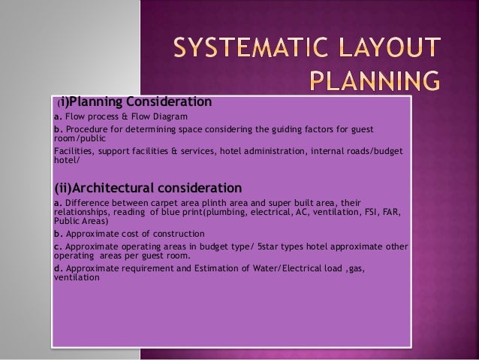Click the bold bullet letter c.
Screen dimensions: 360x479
[x=57, y=246]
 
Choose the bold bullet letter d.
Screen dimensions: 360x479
[x=58, y=268]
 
